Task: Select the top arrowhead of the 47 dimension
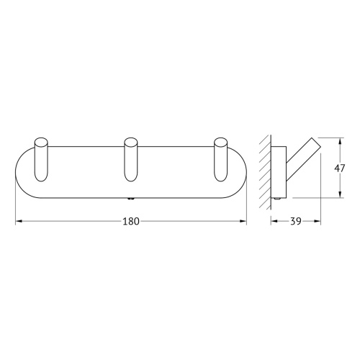pos(339,139)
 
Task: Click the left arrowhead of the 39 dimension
pos(273,222)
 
